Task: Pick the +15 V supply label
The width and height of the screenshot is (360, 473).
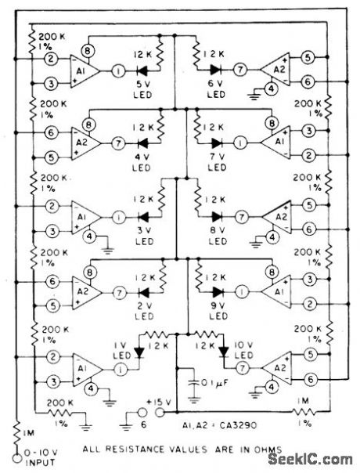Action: (160, 403)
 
